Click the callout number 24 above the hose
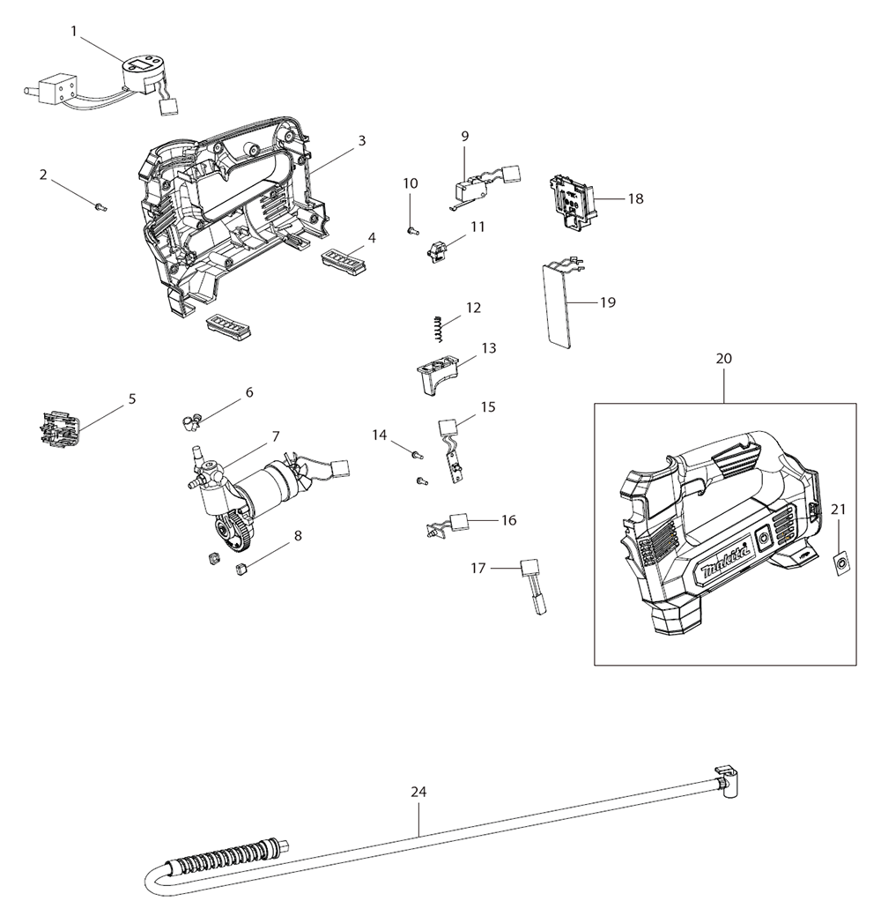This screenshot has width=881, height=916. click(x=418, y=792)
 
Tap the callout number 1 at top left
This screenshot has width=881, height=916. click(x=75, y=31)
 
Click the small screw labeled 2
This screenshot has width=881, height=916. click(x=99, y=206)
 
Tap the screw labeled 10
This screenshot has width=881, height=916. click(x=411, y=230)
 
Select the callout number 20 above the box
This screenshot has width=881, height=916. click(x=723, y=359)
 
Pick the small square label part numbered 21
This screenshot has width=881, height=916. click(x=843, y=562)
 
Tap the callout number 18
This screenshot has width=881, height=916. click(x=635, y=198)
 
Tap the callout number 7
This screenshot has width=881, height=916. click(x=276, y=436)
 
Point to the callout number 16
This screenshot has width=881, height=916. click(x=508, y=520)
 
